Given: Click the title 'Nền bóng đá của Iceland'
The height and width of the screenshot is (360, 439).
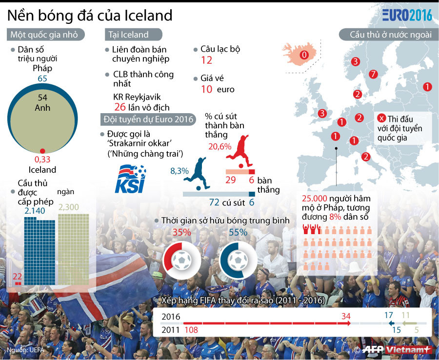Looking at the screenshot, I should coord(90,15).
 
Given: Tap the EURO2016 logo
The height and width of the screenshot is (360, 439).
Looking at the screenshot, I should coord(407,15).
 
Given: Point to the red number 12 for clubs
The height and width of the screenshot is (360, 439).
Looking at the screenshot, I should coord(206,60).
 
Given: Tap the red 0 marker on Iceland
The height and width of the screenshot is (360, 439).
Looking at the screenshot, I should coord(304,55).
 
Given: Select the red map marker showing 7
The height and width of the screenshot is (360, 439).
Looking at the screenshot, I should coord(374,75).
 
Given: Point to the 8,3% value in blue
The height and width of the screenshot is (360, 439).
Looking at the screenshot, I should coord(179,171).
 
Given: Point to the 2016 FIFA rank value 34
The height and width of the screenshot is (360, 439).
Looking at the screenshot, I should coord(346,316).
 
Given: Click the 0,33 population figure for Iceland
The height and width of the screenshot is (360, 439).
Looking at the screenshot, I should coord(42,160).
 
